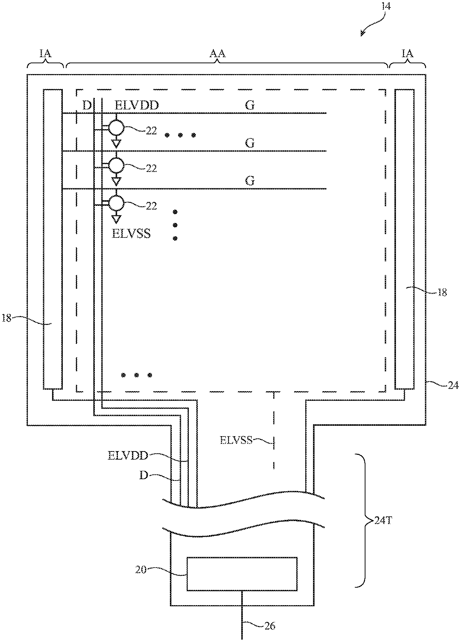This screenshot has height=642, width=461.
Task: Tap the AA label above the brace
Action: coord(217,54)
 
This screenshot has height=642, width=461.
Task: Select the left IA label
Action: coord(45,54)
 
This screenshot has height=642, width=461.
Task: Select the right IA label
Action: coord(407,54)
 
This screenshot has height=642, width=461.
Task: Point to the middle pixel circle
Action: coord(116,166)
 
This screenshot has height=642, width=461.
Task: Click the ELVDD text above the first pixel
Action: coord(136,105)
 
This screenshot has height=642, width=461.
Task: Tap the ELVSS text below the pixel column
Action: coord(132,234)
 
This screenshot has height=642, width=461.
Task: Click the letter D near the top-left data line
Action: coord(87,105)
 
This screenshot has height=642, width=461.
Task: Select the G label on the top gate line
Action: coord(250,105)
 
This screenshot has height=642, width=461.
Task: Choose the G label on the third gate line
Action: coord(250,181)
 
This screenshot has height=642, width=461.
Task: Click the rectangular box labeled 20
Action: coord(242,574)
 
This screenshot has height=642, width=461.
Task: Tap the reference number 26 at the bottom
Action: coord(270,626)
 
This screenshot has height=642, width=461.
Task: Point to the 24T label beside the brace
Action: coord(383,520)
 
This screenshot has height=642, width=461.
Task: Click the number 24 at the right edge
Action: coord(454,386)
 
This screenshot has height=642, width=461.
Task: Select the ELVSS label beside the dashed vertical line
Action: coord(236,440)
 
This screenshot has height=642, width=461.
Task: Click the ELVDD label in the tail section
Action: coord(128,455)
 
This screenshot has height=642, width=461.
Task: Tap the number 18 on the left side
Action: coord(7,319)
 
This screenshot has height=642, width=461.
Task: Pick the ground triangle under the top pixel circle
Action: coord(117,144)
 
